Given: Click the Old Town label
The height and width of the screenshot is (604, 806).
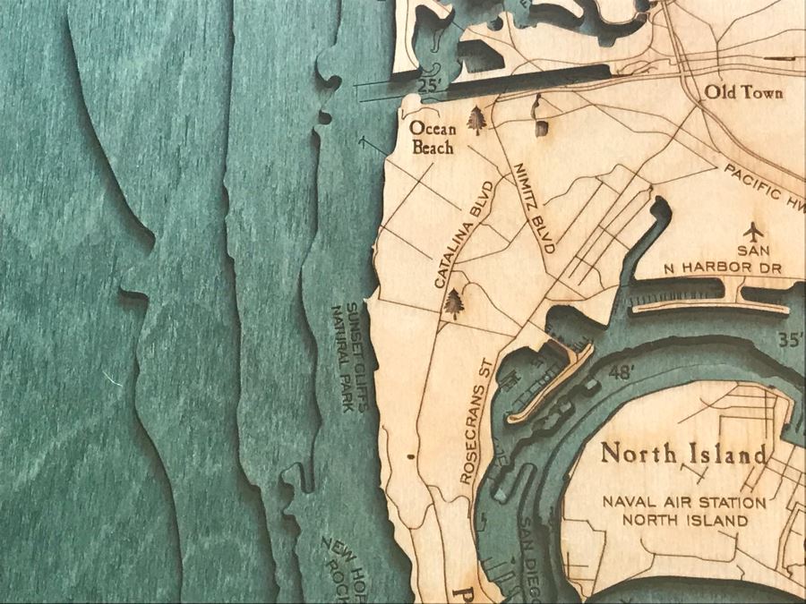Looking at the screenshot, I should tap(743, 92).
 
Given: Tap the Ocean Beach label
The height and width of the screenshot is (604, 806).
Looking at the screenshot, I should tap(433, 139).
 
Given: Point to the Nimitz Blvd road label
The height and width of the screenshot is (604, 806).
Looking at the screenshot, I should tap(534, 208).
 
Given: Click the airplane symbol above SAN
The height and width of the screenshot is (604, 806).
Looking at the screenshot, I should tap(757, 231).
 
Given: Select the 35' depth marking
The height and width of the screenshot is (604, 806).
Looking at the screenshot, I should tap(790, 339).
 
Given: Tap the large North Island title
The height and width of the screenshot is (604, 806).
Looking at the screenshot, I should tap(683, 453).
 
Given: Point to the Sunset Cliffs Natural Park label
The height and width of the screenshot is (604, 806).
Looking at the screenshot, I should tap(349, 357).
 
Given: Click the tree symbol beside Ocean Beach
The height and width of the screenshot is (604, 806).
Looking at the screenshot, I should tap(476, 121).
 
